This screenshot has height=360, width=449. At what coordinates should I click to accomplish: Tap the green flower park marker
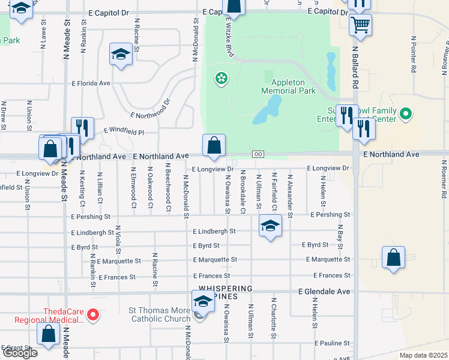click(221, 78)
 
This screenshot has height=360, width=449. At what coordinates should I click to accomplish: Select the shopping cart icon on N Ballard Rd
click(360, 25)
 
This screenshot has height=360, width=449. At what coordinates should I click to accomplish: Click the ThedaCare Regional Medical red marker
click(94, 314)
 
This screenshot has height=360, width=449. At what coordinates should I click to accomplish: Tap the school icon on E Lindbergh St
click(270, 227)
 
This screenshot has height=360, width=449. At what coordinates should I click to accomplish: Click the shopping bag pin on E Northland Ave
click(214, 146)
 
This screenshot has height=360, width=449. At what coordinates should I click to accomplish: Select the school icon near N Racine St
click(121, 55)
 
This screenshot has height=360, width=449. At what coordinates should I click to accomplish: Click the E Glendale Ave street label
click(324, 292)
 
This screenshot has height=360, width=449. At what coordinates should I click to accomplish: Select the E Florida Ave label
click(91, 83)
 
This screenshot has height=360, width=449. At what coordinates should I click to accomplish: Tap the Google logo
click(20, 353)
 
